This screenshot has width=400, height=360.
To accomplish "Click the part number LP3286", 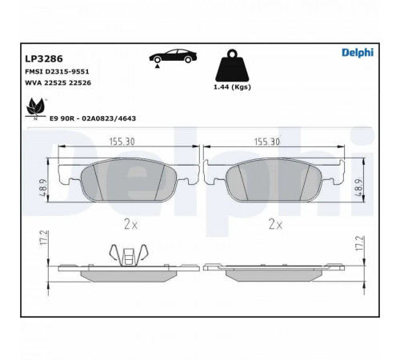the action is pos(44,58).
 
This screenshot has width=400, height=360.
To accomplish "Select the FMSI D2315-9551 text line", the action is pos(57,72).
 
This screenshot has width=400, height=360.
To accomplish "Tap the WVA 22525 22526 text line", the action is pos(58,83).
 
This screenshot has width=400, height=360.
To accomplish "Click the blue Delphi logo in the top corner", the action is pos(358,53).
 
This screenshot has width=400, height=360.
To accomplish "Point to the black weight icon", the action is pos(232,66).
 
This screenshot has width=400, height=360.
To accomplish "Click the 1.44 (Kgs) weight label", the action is pos(232,87).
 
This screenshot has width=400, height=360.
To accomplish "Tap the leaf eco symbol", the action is pos(35,109).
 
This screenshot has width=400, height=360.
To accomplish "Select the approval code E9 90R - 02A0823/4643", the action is pos(93,118).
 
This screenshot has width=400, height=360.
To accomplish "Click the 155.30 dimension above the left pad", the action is pos(122,142).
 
